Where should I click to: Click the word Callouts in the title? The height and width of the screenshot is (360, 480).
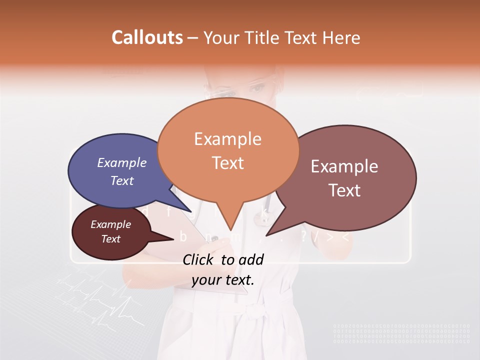pos(147,37)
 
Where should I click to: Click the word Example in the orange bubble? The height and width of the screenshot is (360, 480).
pos(227,138)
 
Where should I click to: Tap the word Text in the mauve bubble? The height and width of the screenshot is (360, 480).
pos(345,190)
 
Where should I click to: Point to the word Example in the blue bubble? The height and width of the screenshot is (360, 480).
pos(122,162)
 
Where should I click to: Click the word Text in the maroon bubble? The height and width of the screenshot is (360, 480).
pos(111,239)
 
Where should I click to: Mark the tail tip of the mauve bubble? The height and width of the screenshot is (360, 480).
pos(266,235)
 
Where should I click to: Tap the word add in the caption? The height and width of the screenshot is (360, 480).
pos(250,259)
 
